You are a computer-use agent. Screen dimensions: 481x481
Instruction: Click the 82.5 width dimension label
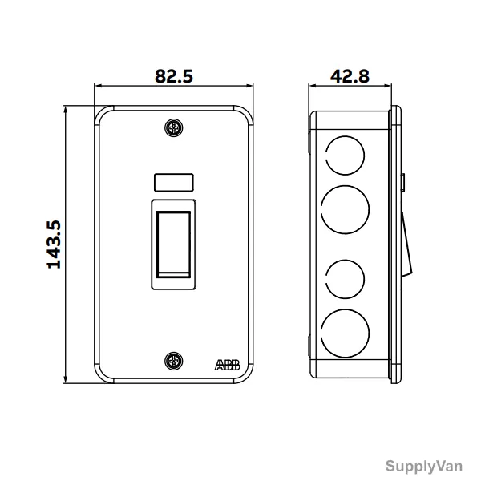coord(174,76)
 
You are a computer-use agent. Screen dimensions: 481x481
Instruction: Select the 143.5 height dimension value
coord(54,245)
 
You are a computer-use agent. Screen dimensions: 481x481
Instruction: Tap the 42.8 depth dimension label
coord(350,76)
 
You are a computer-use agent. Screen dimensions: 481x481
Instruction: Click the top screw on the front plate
coord(174,127)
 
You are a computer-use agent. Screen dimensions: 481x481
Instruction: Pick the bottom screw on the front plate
coord(174,361)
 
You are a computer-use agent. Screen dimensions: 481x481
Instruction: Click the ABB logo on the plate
coord(228,365)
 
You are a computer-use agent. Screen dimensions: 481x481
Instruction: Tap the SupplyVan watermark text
coord(423,467)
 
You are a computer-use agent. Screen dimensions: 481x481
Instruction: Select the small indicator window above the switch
coord(174,182)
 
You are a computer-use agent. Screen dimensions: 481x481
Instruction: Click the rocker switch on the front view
coord(174,245)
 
